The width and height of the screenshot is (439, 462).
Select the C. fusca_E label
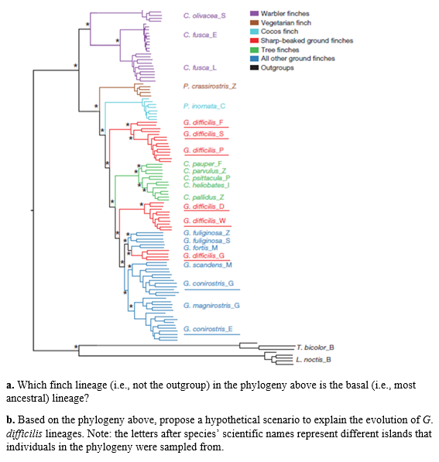(x=200, y=35)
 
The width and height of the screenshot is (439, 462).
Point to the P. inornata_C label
(x=204, y=106)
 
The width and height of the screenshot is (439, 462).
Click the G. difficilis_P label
(x=204, y=150)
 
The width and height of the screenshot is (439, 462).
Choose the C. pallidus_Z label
(x=203, y=198)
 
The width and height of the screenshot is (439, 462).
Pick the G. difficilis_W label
(x=204, y=220)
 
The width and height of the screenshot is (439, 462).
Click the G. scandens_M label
(x=207, y=264)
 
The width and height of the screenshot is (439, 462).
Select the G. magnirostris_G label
(x=211, y=306)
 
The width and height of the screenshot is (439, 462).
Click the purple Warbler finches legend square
(x=254, y=14)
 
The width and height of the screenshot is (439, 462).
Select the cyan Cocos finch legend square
(x=254, y=32)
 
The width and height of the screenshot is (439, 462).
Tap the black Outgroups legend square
(x=254, y=67)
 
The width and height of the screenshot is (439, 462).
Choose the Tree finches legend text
(x=280, y=50)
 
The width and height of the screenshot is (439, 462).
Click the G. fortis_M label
(x=201, y=248)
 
